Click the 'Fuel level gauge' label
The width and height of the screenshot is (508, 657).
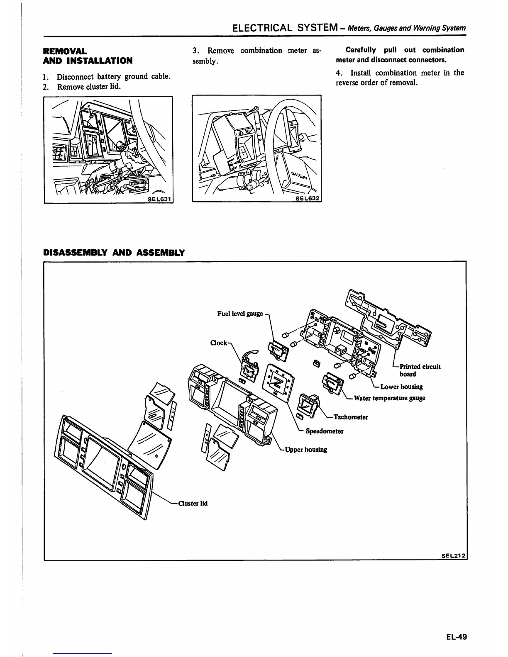[x=240, y=314]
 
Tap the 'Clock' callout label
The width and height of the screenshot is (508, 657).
[x=219, y=343]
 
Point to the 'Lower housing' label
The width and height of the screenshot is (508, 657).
[x=401, y=387]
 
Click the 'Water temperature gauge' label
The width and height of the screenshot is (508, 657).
[x=389, y=398]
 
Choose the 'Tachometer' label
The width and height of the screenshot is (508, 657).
[x=351, y=417]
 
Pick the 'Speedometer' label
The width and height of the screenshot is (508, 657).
[x=324, y=431]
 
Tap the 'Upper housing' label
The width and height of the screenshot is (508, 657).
[x=305, y=450]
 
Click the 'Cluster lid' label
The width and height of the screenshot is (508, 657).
[x=193, y=504]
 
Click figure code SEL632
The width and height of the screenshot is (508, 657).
[x=308, y=198]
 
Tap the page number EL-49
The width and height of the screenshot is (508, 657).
[x=457, y=636]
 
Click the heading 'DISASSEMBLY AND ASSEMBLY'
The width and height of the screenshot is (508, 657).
[x=114, y=253]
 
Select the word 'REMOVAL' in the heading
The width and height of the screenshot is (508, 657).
[x=65, y=51]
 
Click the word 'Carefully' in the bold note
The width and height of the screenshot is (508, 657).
[x=361, y=50]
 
